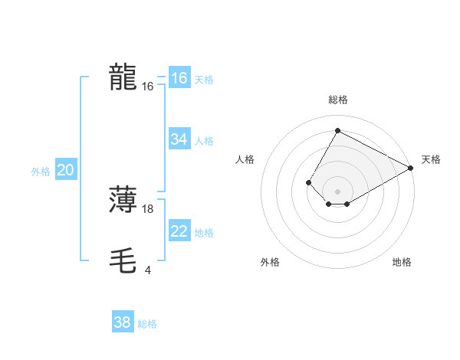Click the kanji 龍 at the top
[123, 77]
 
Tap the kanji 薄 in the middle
[123, 200]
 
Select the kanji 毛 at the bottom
[123, 261]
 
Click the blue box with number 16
[179, 78]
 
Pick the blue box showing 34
[179, 139]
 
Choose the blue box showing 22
[179, 231]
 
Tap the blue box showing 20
[65, 170]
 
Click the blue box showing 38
[122, 322]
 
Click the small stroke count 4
[147, 270]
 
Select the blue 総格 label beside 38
[147, 324]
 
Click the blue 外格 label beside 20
[41, 172]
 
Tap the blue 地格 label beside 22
[204, 233]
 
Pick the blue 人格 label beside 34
[204, 141]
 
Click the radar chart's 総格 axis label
[338, 100]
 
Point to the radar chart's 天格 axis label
[431, 159]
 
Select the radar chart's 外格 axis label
[270, 262]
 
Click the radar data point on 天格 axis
[411, 168]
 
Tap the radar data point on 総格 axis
[337, 130]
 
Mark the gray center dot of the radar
[337, 191]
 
